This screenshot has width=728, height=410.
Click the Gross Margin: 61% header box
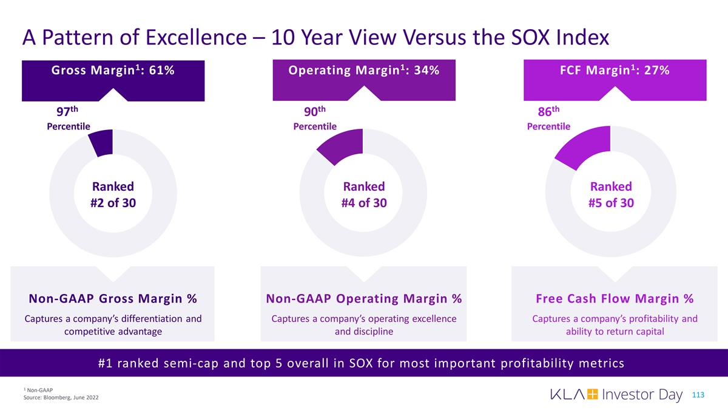113,72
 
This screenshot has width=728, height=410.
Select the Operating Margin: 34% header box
363,72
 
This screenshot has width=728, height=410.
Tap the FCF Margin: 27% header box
615,72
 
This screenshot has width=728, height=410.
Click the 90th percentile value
314,112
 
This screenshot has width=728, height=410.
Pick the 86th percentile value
548,112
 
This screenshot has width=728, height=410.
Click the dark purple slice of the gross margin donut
101,142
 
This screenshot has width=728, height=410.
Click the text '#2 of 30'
113,203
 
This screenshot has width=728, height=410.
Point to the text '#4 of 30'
363,203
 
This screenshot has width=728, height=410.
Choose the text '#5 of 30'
611,203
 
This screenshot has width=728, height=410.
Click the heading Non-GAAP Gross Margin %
113,299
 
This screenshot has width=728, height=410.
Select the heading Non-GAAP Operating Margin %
363,299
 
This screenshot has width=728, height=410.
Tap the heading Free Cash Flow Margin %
615,299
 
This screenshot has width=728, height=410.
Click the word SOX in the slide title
517,38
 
